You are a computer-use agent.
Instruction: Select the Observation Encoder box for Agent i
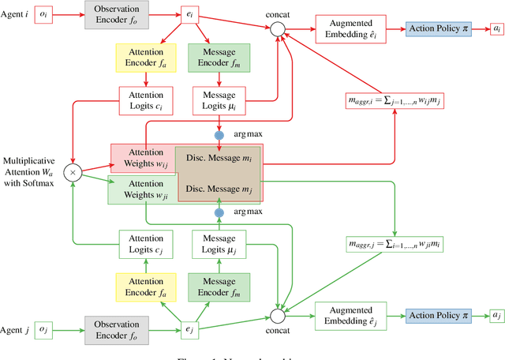(117, 13)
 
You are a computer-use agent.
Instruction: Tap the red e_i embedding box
(189, 13)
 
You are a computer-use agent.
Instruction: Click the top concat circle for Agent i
(277, 29)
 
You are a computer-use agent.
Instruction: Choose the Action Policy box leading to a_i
(438, 28)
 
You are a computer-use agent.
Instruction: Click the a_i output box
(496, 28)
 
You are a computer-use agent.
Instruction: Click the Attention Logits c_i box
(145, 101)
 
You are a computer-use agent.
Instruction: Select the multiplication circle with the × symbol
(73, 171)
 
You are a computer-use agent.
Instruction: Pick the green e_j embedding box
(189, 328)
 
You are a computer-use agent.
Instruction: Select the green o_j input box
(45, 328)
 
